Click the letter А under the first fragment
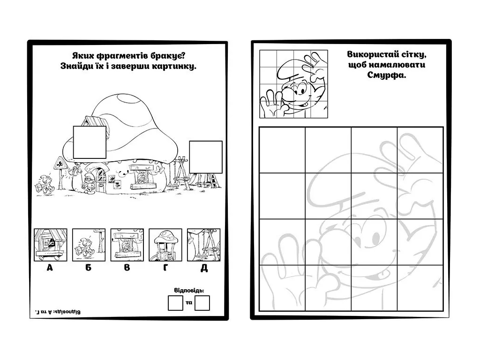pos(50,268)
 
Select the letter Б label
pos(89,268)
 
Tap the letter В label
pos(127,268)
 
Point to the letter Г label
pos(165,268)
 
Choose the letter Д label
pos(204,268)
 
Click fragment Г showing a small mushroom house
pos(165,245)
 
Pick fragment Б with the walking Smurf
pos(89,245)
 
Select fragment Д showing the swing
pos(203,245)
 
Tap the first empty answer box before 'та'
pos(175,303)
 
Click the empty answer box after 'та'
pos(202,303)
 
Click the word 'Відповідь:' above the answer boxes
pos(189,291)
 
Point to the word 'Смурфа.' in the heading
pos(387,75)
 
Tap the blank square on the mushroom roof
pos(90,142)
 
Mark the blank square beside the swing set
pos(206,157)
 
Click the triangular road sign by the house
pos(60,163)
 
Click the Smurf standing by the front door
pos(89,183)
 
